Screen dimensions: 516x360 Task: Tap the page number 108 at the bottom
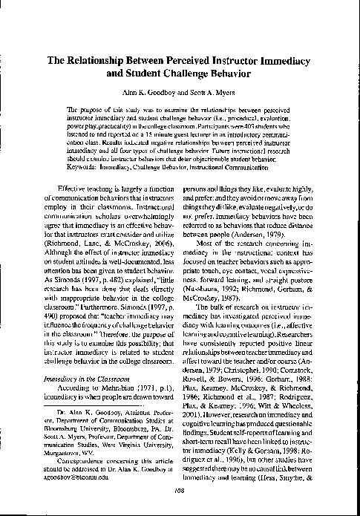tap(180, 489)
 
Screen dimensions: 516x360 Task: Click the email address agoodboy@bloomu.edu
tap(79, 468)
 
